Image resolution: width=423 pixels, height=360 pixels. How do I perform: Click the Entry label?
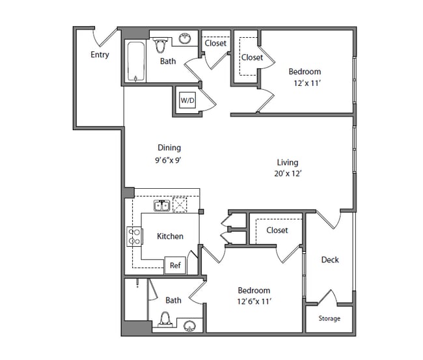[x=100, y=55]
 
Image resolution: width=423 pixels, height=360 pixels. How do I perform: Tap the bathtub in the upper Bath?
[x=136, y=61]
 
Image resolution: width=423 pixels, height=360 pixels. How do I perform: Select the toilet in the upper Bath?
[x=161, y=46]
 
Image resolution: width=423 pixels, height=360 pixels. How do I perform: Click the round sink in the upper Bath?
[x=185, y=38]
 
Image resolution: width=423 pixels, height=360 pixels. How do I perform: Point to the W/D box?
[x=187, y=100]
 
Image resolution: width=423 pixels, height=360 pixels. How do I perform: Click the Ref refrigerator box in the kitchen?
[x=175, y=265]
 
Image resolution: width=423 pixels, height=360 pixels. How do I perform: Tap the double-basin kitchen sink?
[x=162, y=205]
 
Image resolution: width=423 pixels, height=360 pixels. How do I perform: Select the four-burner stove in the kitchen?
[x=134, y=236]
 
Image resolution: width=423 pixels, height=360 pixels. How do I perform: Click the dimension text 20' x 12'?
[x=288, y=173]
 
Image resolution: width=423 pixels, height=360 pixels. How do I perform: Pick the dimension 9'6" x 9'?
[x=168, y=160]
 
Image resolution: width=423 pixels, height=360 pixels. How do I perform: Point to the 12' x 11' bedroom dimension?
[x=307, y=83]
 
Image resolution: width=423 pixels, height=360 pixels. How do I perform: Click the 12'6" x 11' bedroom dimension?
[x=254, y=301]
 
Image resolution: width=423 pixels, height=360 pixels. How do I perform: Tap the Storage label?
[x=329, y=318]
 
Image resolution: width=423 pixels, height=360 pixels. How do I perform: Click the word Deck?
[x=330, y=260]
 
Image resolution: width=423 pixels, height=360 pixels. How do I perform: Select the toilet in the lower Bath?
[x=165, y=319]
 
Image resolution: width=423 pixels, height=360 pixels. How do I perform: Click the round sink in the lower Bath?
[x=190, y=326]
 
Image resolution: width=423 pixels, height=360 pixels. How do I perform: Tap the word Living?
[x=288, y=163]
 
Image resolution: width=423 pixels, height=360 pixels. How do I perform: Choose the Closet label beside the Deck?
[x=277, y=230]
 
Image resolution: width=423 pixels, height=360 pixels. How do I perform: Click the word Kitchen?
[x=170, y=236]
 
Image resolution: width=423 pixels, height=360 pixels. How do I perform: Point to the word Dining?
[x=169, y=148]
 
